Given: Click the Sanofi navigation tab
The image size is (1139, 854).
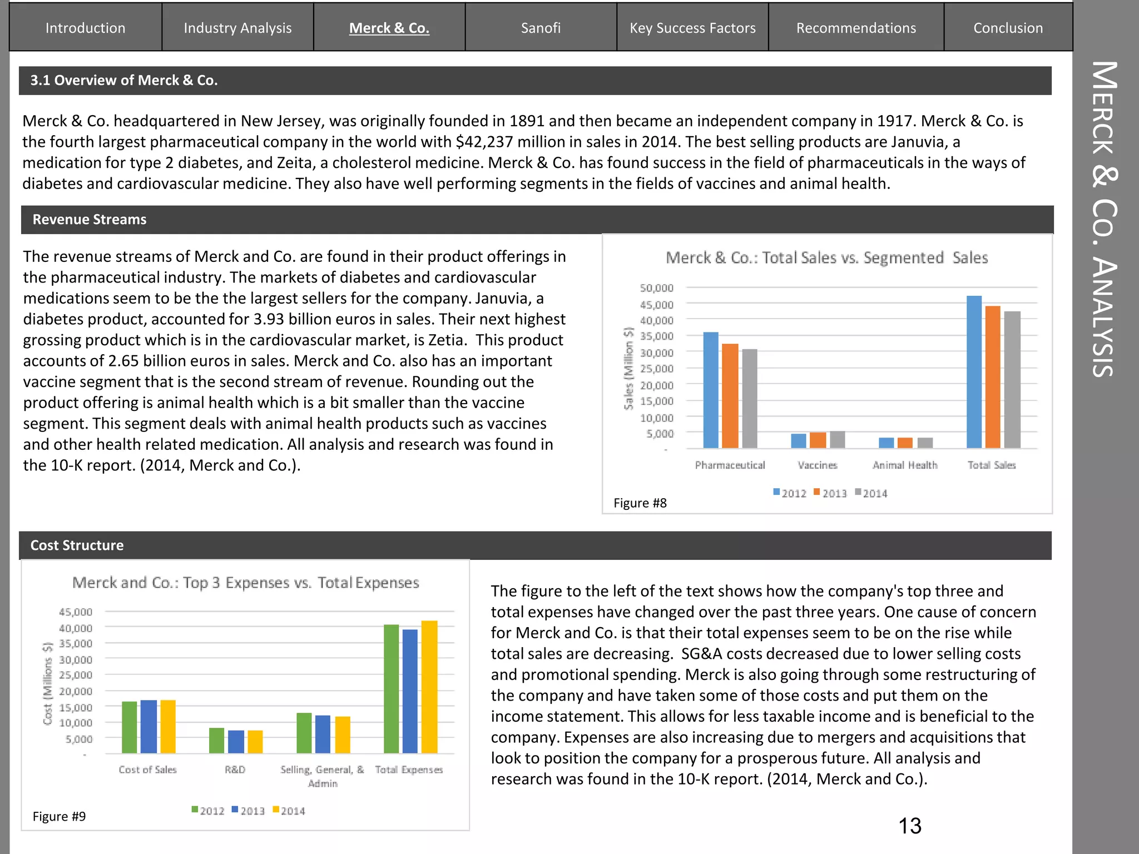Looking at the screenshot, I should point(541,28).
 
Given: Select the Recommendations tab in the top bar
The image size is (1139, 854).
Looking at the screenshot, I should point(856,28).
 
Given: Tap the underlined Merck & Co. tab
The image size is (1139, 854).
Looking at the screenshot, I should point(389,28).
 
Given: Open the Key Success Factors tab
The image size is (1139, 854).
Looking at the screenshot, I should point(692,28).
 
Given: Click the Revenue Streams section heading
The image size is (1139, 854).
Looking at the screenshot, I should point(90,220).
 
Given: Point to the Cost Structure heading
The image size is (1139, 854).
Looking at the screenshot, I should point(77,545).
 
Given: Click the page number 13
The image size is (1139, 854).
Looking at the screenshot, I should point(910,826).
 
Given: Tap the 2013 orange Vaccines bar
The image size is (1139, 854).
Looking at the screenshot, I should point(818,440).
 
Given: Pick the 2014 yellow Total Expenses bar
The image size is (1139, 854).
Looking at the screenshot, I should point(429,687).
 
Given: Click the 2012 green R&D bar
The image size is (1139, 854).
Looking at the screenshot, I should point(216,741).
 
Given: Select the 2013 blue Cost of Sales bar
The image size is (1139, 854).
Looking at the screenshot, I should point(148,726).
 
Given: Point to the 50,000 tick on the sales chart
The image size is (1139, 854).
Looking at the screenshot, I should point(656,288).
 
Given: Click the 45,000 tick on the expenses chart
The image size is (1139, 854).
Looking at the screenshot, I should point(76,612).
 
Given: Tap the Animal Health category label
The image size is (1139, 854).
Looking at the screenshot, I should point(905,465).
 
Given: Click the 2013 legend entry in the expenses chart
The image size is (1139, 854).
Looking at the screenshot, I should point(248,811).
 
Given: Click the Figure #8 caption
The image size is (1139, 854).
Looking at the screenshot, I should point(640,503).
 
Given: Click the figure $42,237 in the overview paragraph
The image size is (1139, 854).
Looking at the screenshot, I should point(484,142).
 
